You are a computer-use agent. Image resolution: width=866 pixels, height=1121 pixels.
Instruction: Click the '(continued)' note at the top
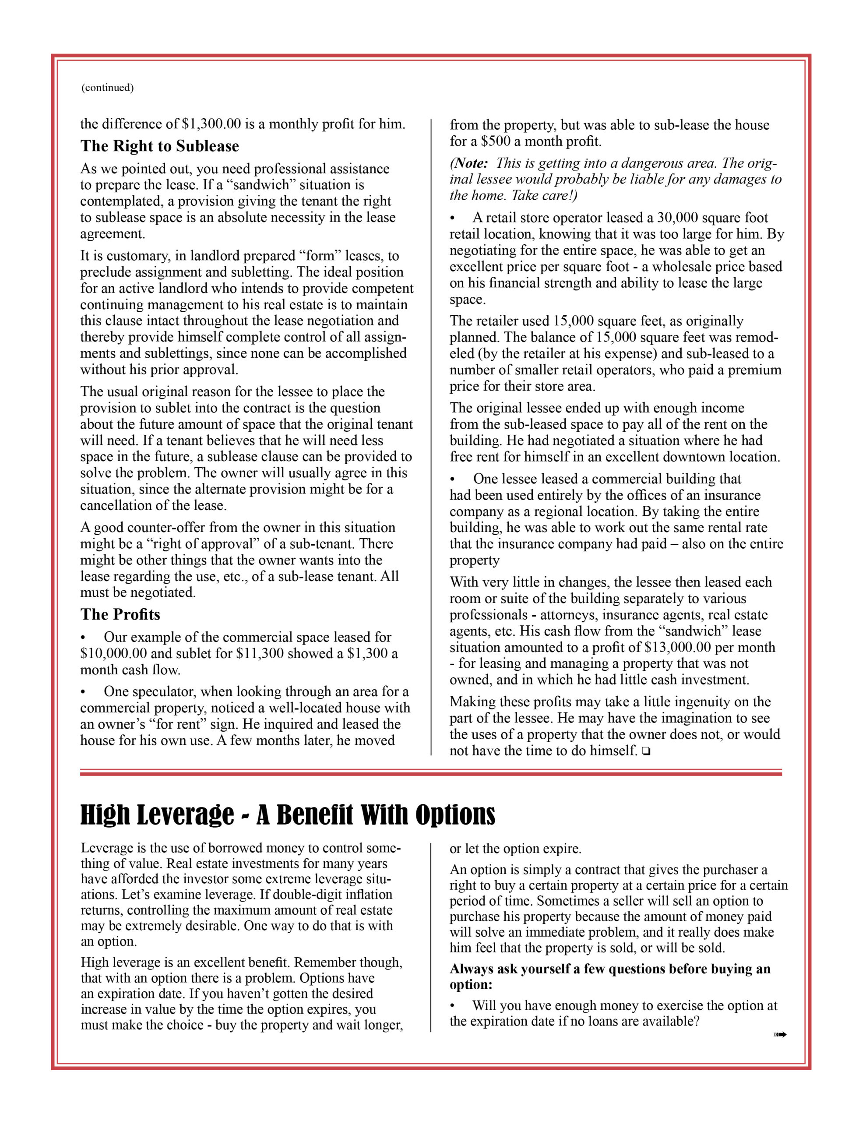(107, 88)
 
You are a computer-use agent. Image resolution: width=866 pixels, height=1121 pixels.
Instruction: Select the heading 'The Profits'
(120, 614)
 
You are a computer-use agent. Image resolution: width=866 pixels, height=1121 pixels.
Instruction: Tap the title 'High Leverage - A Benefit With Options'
(288, 814)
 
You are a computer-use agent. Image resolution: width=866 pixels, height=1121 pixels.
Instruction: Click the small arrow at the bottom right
(780, 1035)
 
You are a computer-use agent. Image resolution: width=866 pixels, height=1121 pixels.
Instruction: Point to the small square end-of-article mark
(645, 752)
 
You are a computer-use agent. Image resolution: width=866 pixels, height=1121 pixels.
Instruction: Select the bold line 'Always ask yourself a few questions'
(610, 969)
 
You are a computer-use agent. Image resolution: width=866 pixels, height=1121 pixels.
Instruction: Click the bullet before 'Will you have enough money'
(452, 1006)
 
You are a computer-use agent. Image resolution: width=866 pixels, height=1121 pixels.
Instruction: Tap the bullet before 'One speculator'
(83, 692)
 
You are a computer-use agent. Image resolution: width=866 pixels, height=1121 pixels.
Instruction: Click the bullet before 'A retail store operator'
(452, 218)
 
